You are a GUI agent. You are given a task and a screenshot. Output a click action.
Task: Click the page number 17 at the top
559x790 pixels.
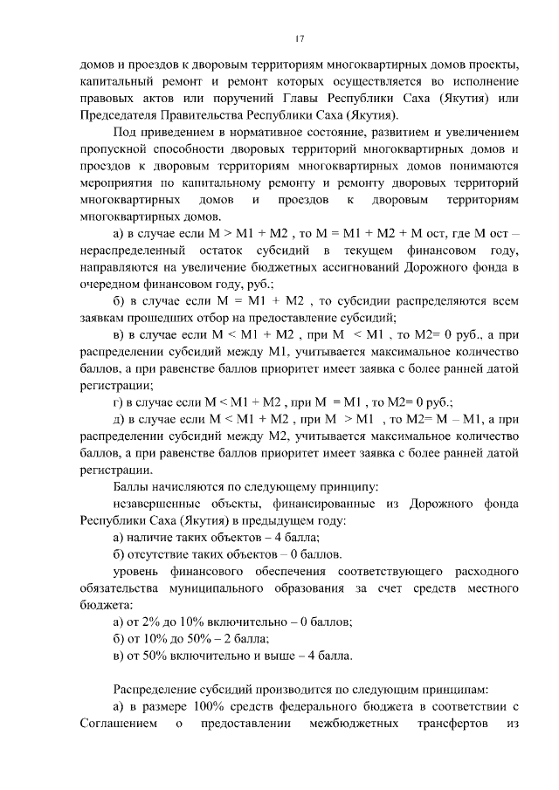click(x=299, y=38)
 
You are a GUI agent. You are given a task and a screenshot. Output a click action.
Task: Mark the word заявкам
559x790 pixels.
click(x=101, y=319)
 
